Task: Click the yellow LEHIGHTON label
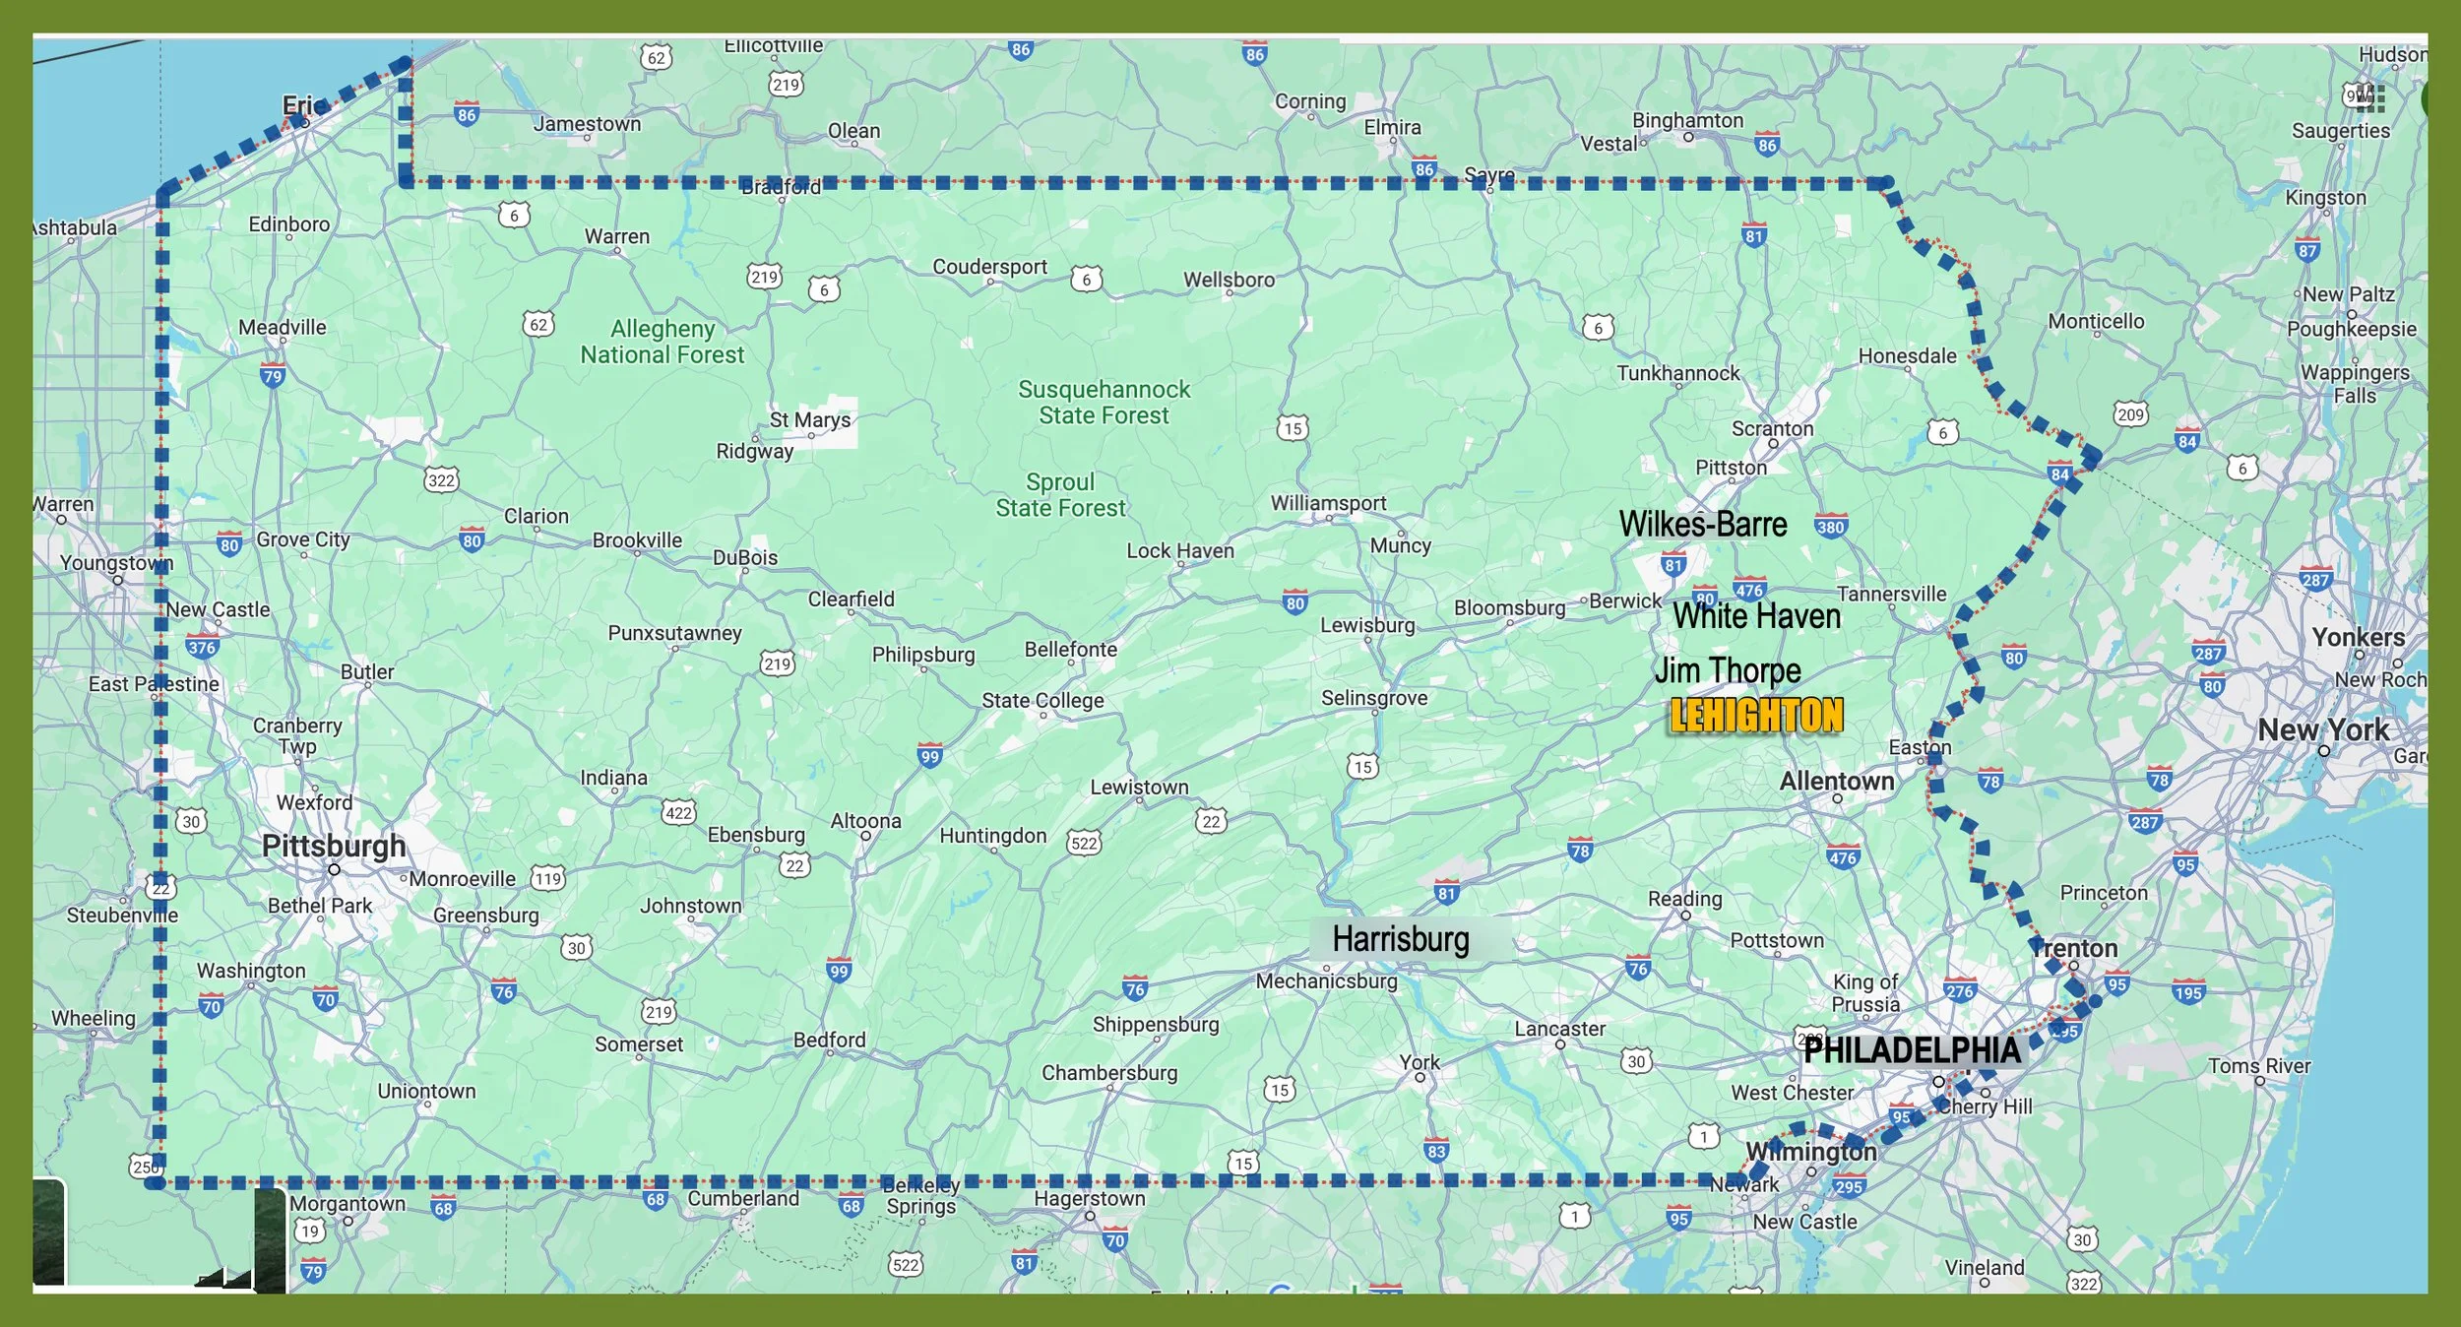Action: click(x=1756, y=716)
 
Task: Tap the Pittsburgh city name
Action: click(x=334, y=846)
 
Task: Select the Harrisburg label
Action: click(x=1400, y=939)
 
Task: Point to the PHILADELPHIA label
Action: click(x=1912, y=1050)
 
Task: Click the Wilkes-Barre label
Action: click(x=1703, y=525)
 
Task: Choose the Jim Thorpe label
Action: click(x=1728, y=670)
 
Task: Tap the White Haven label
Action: click(x=1757, y=616)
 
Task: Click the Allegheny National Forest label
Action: click(x=663, y=342)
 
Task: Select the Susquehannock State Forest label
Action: click(x=1104, y=403)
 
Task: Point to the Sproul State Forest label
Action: click(x=1060, y=495)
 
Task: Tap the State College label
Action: click(x=1042, y=700)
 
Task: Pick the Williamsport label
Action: click(x=1328, y=503)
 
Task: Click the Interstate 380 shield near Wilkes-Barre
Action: click(x=1830, y=527)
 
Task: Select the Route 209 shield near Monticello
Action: click(x=2130, y=414)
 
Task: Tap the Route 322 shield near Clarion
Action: click(x=441, y=480)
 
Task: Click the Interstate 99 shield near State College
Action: click(x=929, y=755)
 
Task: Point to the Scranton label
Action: click(x=1772, y=428)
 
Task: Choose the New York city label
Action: click(x=2322, y=730)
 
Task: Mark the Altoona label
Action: click(x=865, y=821)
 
